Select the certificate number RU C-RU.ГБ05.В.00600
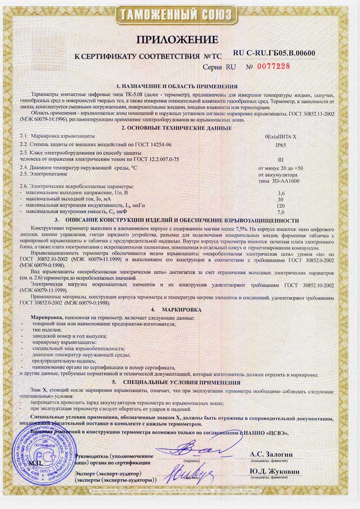pyautogui.click(x=274, y=53)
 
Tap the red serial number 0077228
pyautogui.click(x=273, y=67)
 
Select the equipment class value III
pyautogui.click(x=279, y=159)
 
